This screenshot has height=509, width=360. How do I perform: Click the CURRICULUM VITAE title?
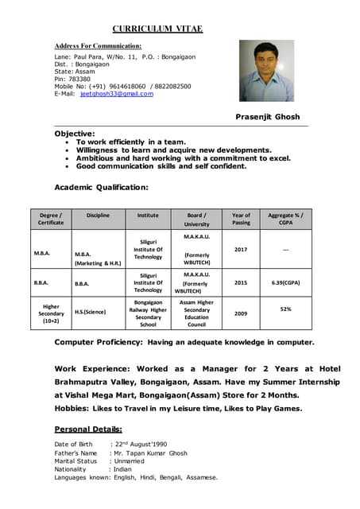(157, 29)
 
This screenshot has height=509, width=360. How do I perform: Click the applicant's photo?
(266, 72)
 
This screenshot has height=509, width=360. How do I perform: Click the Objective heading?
(75, 134)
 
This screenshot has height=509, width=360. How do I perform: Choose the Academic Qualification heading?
(101, 187)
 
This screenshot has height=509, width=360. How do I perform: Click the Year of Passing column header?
(241, 219)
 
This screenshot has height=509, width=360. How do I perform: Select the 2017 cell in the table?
(241, 250)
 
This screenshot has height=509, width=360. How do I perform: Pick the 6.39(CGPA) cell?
(285, 282)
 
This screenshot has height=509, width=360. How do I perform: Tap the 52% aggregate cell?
(285, 309)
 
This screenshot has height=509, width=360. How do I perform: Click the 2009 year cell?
(241, 313)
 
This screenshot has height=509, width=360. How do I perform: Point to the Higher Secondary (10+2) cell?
(52, 313)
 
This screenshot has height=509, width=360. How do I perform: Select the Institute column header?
(148, 215)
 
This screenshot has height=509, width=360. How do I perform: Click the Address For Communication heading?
(98, 46)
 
